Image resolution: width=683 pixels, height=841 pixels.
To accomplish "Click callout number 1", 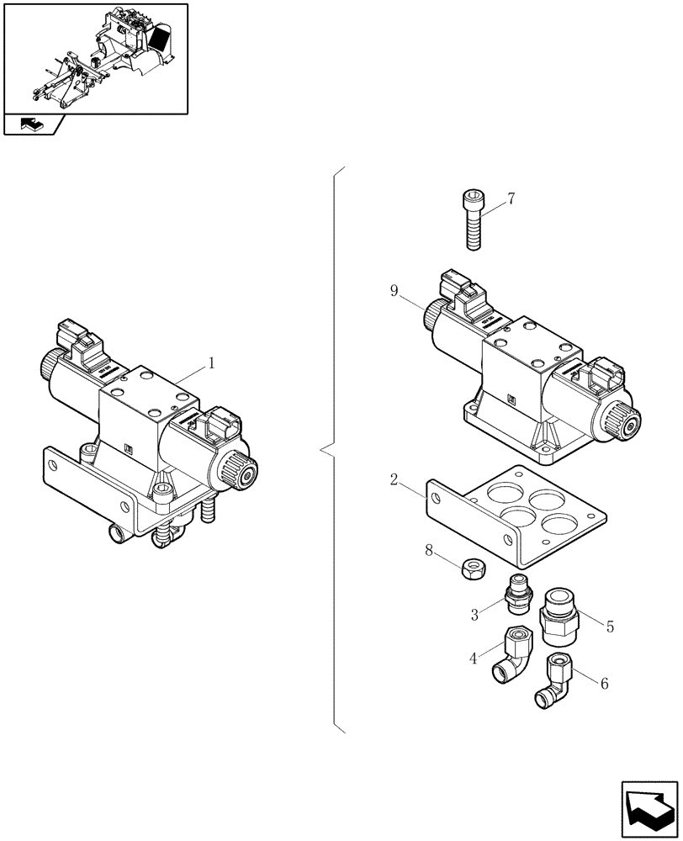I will pyautogui.click(x=212, y=363).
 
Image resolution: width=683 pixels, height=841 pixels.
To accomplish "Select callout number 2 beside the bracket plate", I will pyautogui.click(x=393, y=481).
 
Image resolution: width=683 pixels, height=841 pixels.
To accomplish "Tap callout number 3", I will pyautogui.click(x=474, y=615).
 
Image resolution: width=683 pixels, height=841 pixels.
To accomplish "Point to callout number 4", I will pyautogui.click(x=474, y=659).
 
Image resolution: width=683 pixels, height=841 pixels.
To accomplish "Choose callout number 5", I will pyautogui.click(x=610, y=626).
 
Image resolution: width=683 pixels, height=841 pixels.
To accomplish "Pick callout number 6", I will pyautogui.click(x=603, y=684).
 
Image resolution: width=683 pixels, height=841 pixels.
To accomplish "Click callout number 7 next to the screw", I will pyautogui.click(x=511, y=199).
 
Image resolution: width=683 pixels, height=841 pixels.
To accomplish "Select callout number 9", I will pyautogui.click(x=394, y=291).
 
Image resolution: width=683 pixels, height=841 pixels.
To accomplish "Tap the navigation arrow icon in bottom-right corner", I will pyautogui.click(x=648, y=806).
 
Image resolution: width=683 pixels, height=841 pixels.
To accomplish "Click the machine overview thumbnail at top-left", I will pyautogui.click(x=95, y=58).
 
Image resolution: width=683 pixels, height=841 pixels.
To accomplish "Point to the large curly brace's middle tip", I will pyautogui.click(x=322, y=451).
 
